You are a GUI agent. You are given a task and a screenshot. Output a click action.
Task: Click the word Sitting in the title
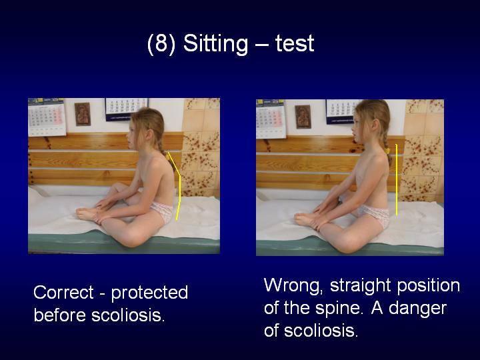pos(215,44)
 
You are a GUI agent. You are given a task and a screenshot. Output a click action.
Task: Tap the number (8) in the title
pos(161,44)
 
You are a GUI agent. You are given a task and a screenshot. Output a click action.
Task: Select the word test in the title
pos(295,44)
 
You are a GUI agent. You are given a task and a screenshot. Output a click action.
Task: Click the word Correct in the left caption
pos(63,292)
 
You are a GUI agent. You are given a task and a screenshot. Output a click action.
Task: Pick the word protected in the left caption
pos(149,293)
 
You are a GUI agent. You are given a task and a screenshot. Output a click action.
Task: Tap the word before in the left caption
pos(60,315)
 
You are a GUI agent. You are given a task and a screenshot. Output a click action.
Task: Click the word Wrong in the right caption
pos(293,285)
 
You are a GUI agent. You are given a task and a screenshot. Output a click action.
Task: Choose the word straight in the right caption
pos(360,286)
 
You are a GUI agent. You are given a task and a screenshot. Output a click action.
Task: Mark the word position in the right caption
pos(428,286)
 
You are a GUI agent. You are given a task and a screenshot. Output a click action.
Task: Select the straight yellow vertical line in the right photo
pos(397,180)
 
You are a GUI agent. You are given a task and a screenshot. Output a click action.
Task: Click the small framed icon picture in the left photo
pos(83,114)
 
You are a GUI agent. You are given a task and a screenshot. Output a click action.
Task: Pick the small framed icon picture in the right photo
pos(303,117)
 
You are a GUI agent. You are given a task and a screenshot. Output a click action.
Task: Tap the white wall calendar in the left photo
pos(47,117)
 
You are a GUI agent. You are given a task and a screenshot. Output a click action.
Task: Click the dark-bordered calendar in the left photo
pos(126,109)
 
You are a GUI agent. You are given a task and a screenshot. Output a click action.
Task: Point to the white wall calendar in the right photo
pos(271,119)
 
